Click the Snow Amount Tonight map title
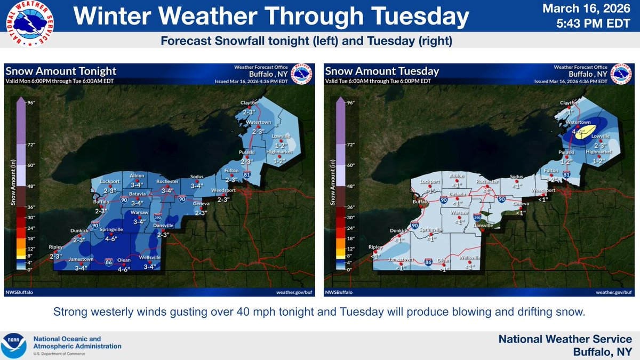coord(61,71)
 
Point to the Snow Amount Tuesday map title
coord(382,71)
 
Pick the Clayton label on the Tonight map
coord(249,102)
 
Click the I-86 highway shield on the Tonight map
coord(109,262)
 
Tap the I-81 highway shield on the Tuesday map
coord(566,174)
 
